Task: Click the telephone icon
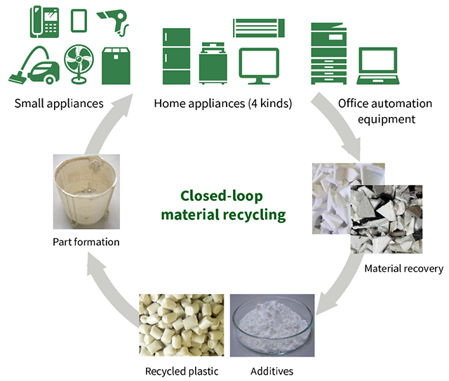tap(44, 21)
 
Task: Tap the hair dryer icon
tap(112, 20)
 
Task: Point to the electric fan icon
tap(78, 64)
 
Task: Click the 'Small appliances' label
tap(59, 104)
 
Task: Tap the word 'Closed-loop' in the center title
tap(223, 196)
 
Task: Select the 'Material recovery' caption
tap(403, 268)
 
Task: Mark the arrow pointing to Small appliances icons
tap(112, 119)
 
